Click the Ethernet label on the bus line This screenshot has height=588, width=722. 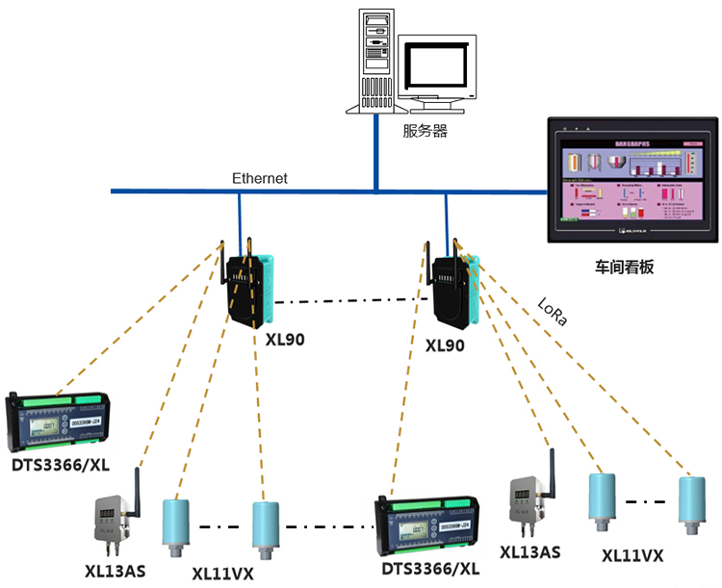point(260,178)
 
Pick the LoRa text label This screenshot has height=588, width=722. point(554,313)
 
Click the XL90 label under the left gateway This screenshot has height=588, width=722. point(285,340)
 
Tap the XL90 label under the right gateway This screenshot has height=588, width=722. point(444,344)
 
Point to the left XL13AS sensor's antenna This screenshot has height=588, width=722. point(136,481)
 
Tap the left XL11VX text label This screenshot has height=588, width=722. point(222,573)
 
